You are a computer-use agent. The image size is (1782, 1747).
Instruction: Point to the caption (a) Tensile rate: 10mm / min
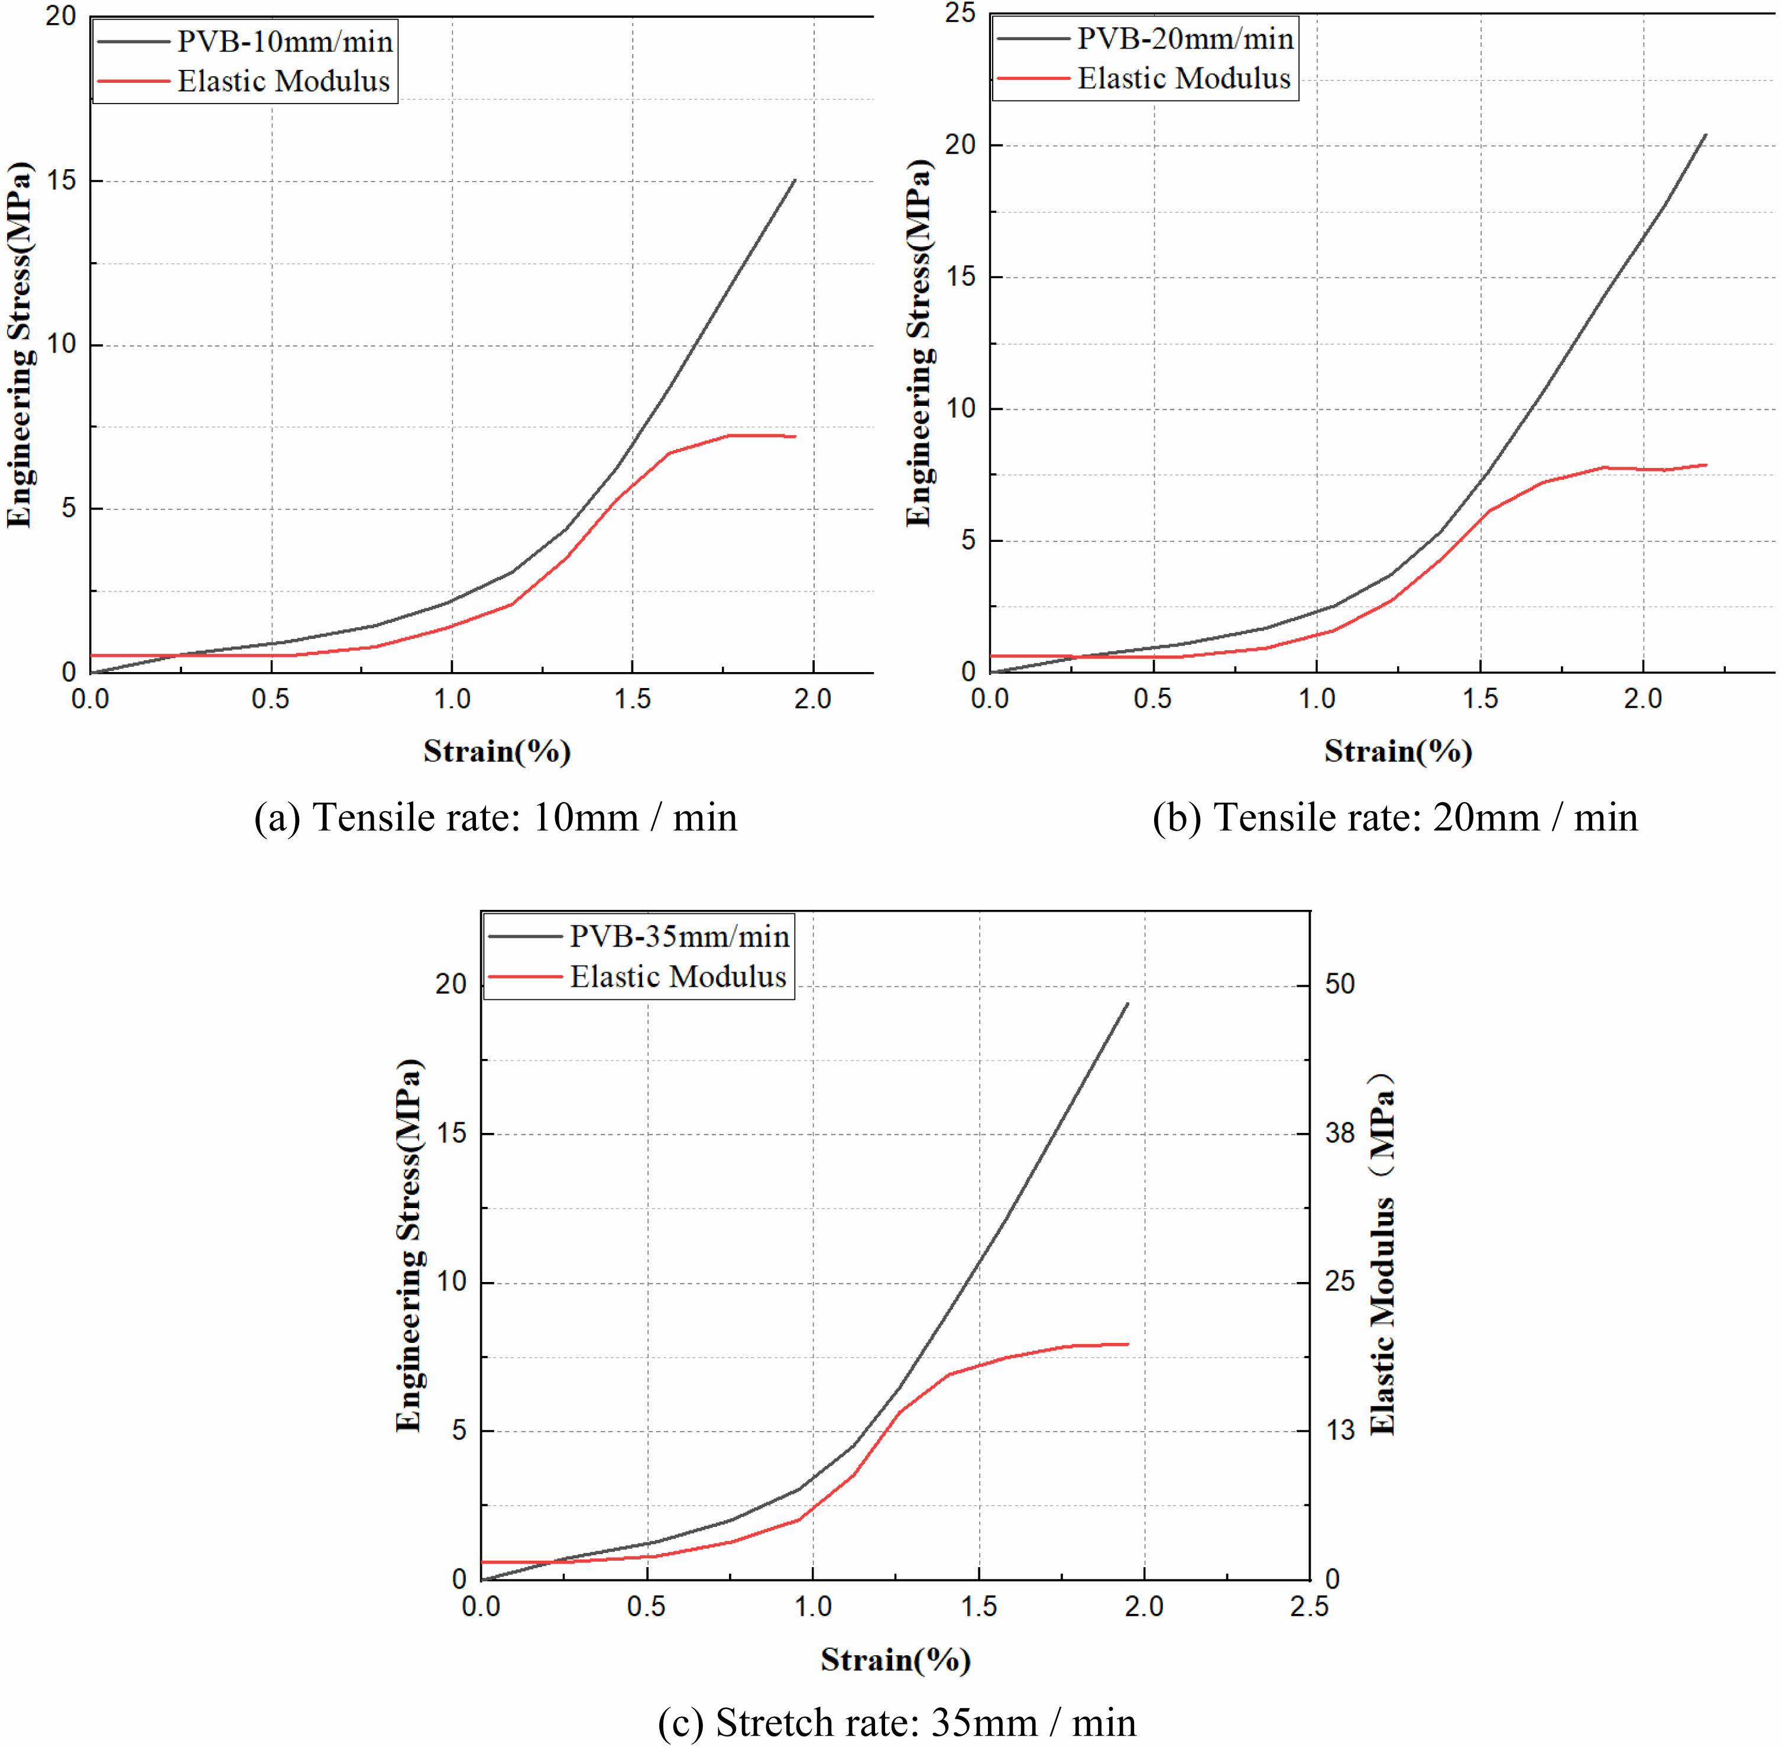click(x=495, y=816)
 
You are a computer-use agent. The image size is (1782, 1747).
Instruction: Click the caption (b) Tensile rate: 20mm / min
click(x=1394, y=816)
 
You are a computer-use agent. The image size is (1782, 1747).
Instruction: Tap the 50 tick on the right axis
click(x=1339, y=984)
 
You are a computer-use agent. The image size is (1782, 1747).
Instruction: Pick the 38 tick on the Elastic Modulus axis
click(x=1339, y=1133)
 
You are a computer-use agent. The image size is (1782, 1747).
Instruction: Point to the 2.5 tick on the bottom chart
click(x=1309, y=1606)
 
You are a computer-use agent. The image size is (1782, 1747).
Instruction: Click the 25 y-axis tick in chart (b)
click(x=962, y=13)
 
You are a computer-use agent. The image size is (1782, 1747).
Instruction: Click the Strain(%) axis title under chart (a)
click(x=497, y=751)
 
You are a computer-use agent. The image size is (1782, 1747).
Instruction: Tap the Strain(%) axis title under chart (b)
click(x=1398, y=751)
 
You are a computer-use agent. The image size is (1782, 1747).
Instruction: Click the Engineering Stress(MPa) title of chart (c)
click(x=409, y=1245)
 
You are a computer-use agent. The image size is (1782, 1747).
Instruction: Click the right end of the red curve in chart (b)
click(x=1706, y=464)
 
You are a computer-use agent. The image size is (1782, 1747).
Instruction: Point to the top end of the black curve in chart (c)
click(x=1127, y=1004)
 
